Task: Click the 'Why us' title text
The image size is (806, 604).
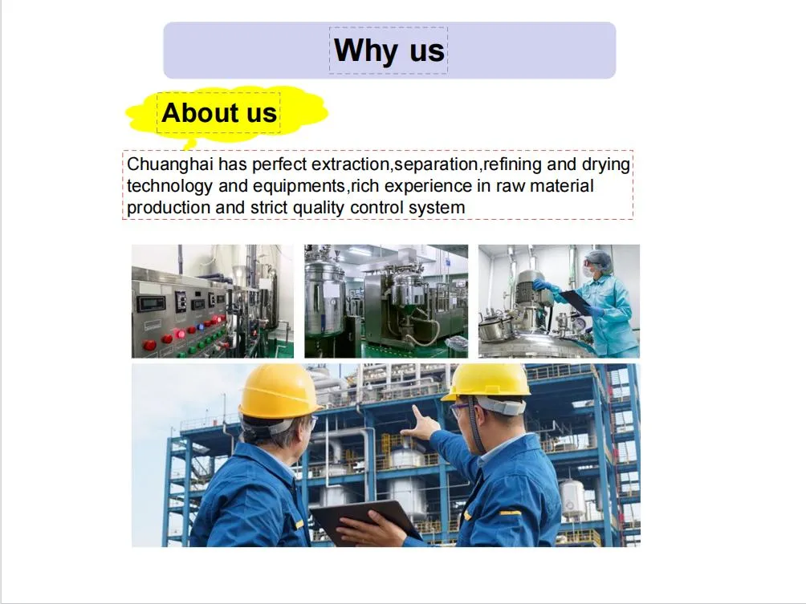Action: click(x=389, y=51)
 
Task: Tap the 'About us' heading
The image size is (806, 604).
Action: click(x=219, y=113)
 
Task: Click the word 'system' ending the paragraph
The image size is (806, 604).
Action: click(x=438, y=208)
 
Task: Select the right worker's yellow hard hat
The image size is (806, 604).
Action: click(x=486, y=381)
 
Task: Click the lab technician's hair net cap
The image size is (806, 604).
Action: click(x=598, y=258)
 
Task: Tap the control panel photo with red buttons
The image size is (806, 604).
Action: click(x=212, y=301)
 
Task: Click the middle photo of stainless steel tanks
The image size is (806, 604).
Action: click(x=385, y=301)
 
